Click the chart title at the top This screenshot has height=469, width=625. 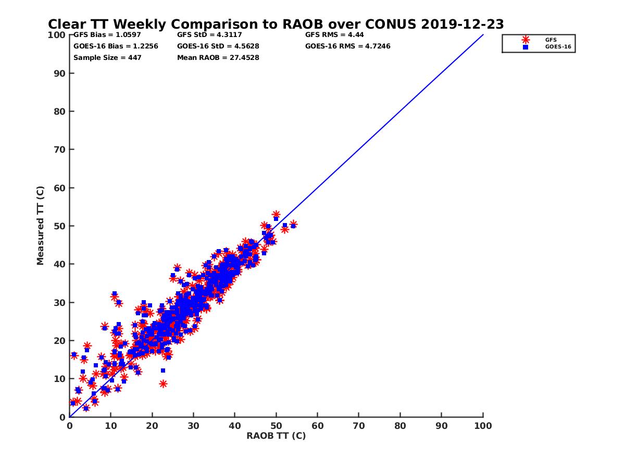coord(276,24)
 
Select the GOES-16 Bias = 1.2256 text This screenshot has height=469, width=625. coord(116,46)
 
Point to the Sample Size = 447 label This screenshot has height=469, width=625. coord(107,57)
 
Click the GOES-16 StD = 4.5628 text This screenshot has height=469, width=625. coord(218,46)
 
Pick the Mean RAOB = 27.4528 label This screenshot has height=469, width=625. coord(218,57)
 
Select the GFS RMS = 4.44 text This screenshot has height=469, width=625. coord(334,35)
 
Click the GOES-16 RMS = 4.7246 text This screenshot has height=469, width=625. coord(347,46)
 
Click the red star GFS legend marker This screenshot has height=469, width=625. coord(525,40)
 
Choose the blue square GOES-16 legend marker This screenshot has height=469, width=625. coord(525,47)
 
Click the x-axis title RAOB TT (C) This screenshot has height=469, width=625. coord(276,436)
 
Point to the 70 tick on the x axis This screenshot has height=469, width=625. coord(359,425)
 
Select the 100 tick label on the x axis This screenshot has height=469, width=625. coord(483,425)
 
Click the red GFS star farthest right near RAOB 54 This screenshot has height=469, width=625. coord(293,224)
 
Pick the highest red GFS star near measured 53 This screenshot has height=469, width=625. coord(276,215)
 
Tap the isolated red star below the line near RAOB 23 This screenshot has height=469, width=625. coord(163,384)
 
